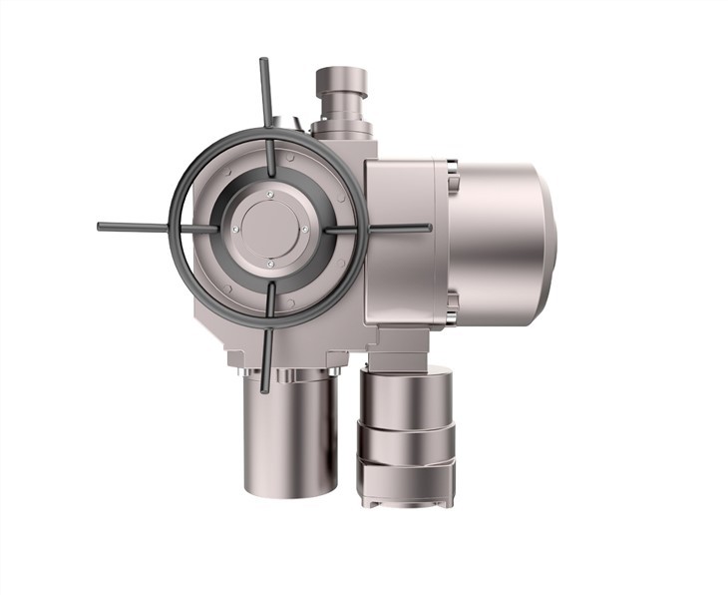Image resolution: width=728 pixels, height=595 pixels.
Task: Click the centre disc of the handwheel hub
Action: (x=269, y=228)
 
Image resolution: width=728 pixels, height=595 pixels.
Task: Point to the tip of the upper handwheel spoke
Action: (x=263, y=62)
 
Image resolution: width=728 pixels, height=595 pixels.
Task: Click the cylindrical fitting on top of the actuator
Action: (x=341, y=95)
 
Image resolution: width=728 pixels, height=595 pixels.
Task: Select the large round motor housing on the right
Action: (x=499, y=242)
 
